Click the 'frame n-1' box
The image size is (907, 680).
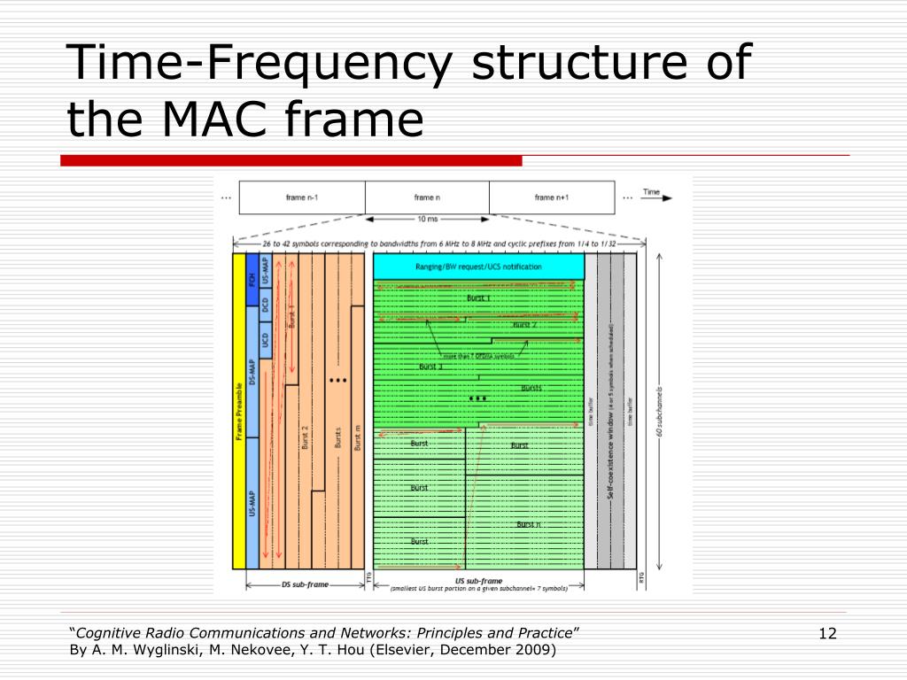pyautogui.click(x=302, y=197)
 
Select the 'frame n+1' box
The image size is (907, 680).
pyautogui.click(x=551, y=197)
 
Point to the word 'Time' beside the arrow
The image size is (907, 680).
pyautogui.click(x=651, y=191)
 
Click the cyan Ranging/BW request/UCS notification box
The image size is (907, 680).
pyautogui.click(x=478, y=267)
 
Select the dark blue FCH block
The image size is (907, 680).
pyautogui.click(x=252, y=280)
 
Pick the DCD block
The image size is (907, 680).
pyautogui.click(x=265, y=305)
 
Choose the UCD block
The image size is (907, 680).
pyautogui.click(x=265, y=339)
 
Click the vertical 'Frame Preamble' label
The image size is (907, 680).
pyautogui.click(x=239, y=412)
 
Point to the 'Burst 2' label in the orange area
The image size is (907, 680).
pyautogui.click(x=305, y=437)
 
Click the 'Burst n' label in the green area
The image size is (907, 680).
pyautogui.click(x=529, y=524)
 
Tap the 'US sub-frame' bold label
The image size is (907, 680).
pyautogui.click(x=477, y=582)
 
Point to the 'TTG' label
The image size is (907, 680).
pyautogui.click(x=368, y=577)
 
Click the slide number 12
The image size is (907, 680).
pyautogui.click(x=828, y=633)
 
